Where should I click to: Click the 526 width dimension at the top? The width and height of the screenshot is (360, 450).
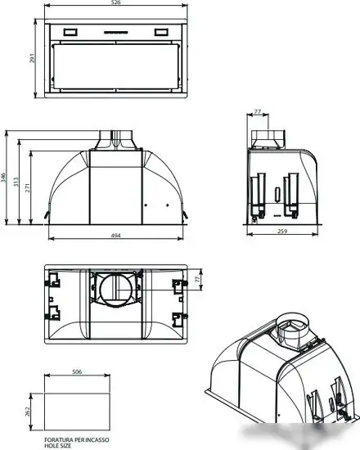click(x=115, y=2)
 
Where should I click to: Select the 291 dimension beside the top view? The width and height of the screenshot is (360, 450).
click(x=32, y=58)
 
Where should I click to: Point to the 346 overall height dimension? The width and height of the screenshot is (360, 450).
click(x=3, y=177)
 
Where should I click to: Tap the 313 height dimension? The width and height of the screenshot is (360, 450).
click(x=16, y=182)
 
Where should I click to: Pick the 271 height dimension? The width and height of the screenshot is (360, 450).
click(x=28, y=187)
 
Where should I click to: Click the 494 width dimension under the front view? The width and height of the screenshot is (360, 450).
click(x=115, y=236)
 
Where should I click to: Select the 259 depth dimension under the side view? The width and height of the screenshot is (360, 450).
click(x=282, y=231)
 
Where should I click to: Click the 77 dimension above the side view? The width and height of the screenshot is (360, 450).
click(x=258, y=111)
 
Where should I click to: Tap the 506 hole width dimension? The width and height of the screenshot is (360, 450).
click(x=77, y=372)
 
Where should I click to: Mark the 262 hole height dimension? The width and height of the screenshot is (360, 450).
click(x=28, y=412)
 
